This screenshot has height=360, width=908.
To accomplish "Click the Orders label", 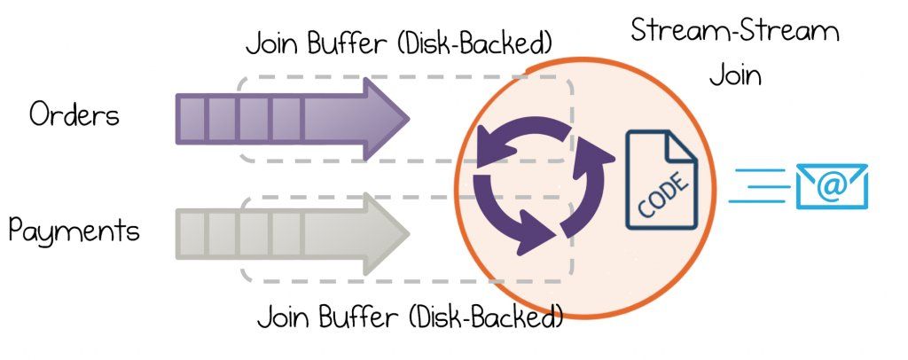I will tap(74, 115).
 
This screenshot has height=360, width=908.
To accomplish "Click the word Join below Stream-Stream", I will tap(735, 74).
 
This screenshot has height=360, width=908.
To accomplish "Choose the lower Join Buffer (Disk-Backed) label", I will tap(410, 316).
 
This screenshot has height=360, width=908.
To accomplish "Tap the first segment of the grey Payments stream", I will tap(192, 232).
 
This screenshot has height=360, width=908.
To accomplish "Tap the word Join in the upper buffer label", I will tap(270, 42).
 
